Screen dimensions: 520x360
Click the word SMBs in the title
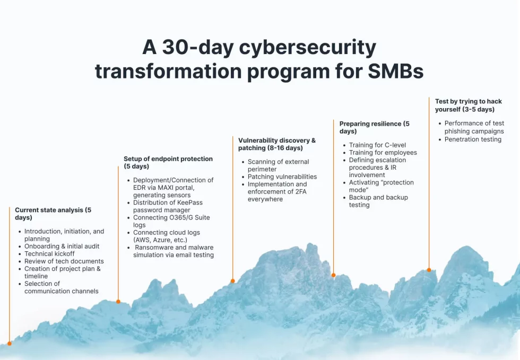tap(396, 71)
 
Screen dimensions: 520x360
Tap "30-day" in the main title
tap(198, 47)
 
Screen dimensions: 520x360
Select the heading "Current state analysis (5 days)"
tap(53, 214)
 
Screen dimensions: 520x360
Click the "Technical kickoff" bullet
tap(49, 253)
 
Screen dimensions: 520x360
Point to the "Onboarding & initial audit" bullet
tap(62, 246)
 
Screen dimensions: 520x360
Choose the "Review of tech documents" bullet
tap(64, 261)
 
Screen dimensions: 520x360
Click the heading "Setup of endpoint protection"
tap(168, 159)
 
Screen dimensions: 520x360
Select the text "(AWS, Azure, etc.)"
tap(160, 240)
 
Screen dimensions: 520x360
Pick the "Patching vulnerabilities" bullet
tap(282, 177)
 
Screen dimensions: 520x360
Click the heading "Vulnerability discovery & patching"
tap(277, 144)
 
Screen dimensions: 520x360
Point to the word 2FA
tap(301, 191)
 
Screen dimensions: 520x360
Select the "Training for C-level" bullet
tap(377, 145)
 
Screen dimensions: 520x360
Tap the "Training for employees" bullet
tap(383, 153)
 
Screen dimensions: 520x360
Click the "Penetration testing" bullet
tap(473, 139)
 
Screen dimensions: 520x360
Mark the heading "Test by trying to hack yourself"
tap(468, 106)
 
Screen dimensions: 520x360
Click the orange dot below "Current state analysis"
tap(10, 344)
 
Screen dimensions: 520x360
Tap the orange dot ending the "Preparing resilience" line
tap(334, 275)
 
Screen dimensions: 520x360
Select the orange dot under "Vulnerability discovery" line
tap(233, 281)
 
